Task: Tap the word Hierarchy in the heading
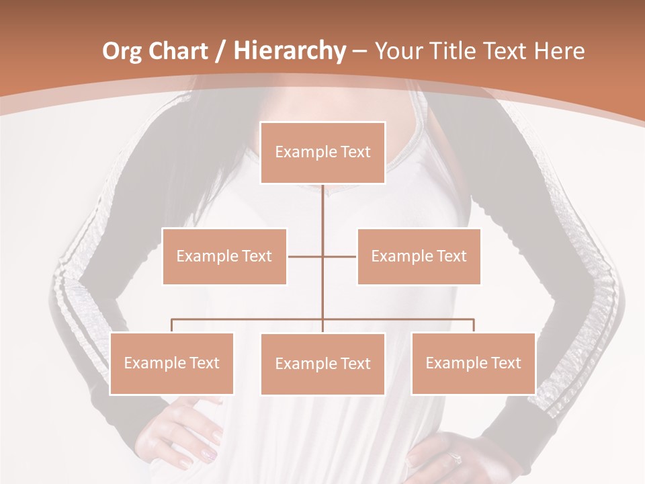[289, 51]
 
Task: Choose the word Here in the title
[560, 51]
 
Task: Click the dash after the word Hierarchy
[359, 52]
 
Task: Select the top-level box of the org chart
[322, 153]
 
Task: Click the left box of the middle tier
[224, 256]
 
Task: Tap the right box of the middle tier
[419, 256]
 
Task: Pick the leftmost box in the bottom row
[171, 363]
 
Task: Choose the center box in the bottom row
[322, 364]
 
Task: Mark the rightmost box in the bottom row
[473, 363]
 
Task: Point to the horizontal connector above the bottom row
[249, 319]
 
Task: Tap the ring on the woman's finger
[456, 458]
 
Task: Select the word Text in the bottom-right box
[506, 363]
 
